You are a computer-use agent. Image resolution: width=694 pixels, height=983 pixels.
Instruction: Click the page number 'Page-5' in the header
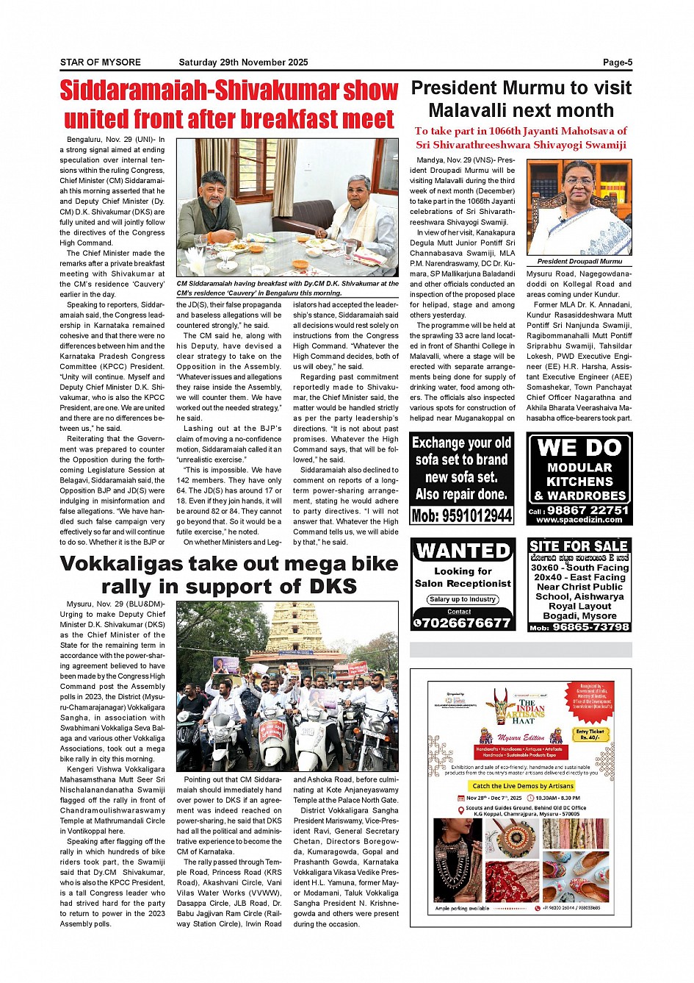617,62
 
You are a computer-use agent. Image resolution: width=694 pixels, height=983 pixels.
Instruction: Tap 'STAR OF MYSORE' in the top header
100,62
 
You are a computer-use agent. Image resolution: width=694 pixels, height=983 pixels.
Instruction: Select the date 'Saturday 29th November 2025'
243,62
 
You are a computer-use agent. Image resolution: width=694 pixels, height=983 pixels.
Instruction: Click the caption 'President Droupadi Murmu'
579,261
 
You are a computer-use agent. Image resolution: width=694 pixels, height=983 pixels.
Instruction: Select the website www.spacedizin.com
579,520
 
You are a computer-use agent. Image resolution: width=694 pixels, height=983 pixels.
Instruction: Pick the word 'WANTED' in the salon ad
463,551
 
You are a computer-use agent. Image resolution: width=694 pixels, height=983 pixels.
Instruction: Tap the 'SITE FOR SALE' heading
579,546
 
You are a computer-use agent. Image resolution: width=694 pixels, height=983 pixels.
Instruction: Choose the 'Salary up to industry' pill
463,599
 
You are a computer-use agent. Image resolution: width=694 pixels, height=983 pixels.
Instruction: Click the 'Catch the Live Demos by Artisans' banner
522,786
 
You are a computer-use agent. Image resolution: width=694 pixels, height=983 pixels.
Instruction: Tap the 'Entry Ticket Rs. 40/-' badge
590,734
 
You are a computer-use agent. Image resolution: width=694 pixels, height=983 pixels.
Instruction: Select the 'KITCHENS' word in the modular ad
580,482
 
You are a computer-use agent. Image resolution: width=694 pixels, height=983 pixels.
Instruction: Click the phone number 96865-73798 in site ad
590,627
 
